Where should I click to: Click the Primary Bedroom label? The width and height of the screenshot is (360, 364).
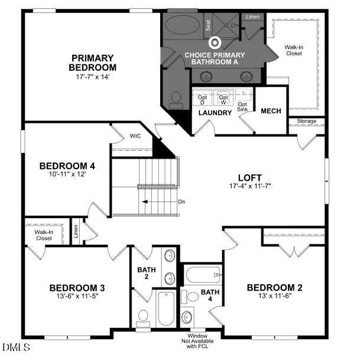(x=93, y=62)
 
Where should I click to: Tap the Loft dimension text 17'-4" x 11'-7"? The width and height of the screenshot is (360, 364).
(x=249, y=186)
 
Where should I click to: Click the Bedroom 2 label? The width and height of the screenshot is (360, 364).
(x=274, y=288)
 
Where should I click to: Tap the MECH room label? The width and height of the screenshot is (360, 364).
(x=271, y=111)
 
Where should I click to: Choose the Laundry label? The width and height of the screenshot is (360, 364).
(x=215, y=113)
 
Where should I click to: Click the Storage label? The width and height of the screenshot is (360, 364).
(x=306, y=122)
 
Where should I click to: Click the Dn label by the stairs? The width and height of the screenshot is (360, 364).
(x=181, y=201)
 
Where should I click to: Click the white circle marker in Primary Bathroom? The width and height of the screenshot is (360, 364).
(x=215, y=42)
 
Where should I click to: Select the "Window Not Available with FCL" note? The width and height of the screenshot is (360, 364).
(x=197, y=342)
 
